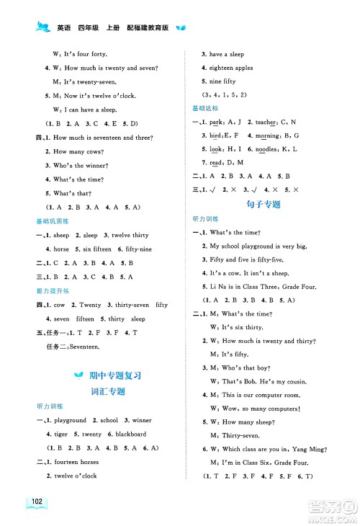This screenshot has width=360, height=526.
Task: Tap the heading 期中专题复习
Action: point(114,375)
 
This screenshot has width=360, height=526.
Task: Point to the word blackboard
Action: point(129,434)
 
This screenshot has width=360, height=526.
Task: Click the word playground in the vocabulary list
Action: point(71,420)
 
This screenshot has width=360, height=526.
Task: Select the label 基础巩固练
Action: point(53,220)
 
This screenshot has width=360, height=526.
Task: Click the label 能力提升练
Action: point(53,290)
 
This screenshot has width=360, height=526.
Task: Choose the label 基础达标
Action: point(204,107)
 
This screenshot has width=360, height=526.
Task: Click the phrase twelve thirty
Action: point(130,235)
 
